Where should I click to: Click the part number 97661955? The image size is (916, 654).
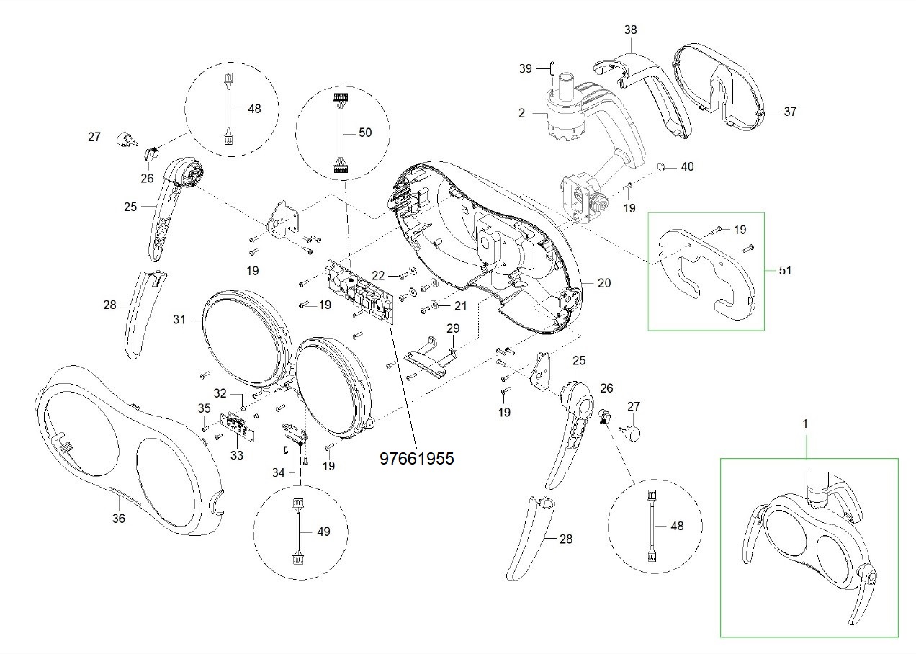417,459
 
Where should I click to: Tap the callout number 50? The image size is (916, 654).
365,133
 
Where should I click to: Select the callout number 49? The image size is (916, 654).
323,532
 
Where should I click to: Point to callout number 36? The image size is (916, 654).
119,518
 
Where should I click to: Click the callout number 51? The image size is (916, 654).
785,270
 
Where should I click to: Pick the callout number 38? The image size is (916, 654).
631,30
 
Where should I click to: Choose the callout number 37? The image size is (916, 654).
790,111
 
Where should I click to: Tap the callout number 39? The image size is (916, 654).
526,68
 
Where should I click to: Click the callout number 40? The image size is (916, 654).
688,166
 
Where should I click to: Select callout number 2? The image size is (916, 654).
521,113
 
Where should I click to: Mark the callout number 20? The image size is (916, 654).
604,282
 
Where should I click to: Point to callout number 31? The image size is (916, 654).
179,319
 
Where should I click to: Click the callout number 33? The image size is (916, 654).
237,455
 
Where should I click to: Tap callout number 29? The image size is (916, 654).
453,328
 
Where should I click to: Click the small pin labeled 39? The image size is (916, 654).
552,68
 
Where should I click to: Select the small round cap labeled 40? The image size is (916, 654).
661,166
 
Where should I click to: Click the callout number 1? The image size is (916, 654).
805,424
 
